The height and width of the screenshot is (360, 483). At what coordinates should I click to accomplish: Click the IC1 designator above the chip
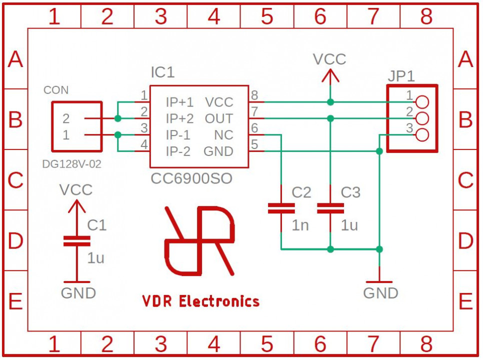click(x=162, y=73)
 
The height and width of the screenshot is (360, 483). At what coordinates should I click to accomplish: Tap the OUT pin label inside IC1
click(x=218, y=119)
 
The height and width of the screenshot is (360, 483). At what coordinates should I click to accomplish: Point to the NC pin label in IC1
click(x=223, y=135)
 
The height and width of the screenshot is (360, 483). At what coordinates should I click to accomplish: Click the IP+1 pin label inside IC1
click(x=179, y=102)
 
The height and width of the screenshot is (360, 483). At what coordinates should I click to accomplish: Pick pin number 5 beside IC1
click(x=254, y=145)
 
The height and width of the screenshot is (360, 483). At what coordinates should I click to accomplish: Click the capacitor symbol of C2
click(x=281, y=208)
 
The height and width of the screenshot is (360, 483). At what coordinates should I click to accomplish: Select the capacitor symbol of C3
click(x=330, y=208)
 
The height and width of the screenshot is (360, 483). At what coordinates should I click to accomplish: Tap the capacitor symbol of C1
click(x=76, y=241)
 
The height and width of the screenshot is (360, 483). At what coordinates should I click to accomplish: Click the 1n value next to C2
click(x=300, y=225)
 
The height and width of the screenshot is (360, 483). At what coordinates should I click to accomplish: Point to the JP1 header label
click(x=401, y=77)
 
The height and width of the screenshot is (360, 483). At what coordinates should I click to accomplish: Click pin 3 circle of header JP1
click(x=422, y=135)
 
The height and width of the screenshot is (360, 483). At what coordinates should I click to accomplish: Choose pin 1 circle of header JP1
click(x=422, y=102)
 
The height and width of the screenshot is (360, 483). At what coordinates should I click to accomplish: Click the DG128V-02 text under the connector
click(x=72, y=164)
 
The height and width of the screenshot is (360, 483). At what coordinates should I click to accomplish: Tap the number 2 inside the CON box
click(x=66, y=119)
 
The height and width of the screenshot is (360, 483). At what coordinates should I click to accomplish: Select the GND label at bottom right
click(x=380, y=293)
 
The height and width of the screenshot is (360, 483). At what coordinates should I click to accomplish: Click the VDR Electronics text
click(x=201, y=301)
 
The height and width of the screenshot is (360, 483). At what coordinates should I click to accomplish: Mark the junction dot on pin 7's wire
click(x=330, y=118)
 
